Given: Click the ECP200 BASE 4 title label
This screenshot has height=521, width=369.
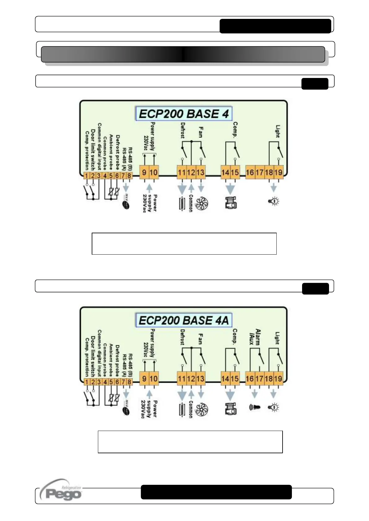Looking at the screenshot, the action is tap(184, 114).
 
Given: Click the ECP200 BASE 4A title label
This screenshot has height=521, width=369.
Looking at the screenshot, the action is tap(184, 320).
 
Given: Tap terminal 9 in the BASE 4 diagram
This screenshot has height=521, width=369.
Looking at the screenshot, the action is tap(144, 172).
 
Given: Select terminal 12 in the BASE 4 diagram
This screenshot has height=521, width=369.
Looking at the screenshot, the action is tap(191, 172).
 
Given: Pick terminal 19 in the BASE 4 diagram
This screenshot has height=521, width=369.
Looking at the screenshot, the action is tap(279, 172).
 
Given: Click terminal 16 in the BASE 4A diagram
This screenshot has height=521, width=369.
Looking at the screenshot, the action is tap(250, 379).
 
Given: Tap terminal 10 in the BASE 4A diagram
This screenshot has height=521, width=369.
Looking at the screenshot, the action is tap(154, 379).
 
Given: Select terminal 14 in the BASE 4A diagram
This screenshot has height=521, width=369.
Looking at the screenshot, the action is tap(225, 379).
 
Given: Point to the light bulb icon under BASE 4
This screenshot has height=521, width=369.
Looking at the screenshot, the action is tap(274, 201).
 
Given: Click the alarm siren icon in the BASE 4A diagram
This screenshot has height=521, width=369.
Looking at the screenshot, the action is tap(254, 407).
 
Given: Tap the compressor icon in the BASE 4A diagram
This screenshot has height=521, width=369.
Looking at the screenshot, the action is tap(231, 408).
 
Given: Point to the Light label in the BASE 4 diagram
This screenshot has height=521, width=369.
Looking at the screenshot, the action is tap(278, 131).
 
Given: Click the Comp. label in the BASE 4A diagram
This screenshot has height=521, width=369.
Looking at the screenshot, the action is tap(235, 337).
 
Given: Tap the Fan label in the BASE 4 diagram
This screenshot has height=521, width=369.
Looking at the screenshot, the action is tap(201, 132).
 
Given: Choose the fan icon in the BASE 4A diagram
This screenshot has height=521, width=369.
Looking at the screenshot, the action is tap(202, 410).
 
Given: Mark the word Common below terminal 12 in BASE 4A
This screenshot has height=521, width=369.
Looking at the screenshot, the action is tap(191, 409).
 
